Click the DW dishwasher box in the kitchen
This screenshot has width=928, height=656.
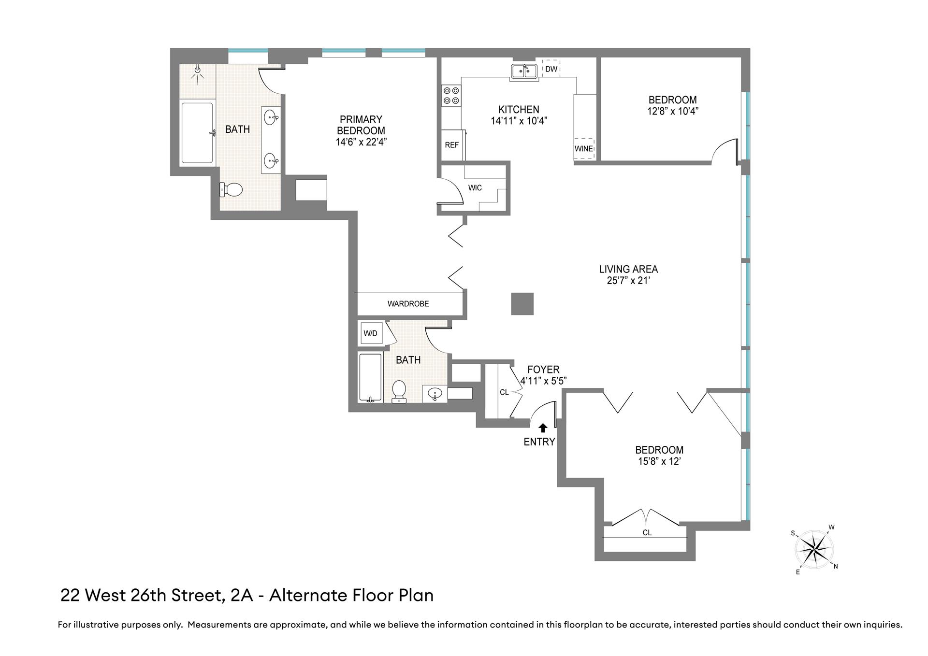pos(551,69)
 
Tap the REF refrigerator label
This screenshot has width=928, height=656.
pos(451,145)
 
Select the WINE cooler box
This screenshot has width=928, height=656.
pos(584,148)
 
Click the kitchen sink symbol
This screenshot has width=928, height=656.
pos(524,71)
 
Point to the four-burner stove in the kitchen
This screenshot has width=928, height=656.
pos(451,95)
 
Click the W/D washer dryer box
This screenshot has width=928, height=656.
pos(370,333)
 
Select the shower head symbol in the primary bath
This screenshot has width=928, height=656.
pos(197,71)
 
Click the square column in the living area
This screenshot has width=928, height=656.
pos(522,304)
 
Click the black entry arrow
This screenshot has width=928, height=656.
pos(543,428)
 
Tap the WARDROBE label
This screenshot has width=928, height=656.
pos(408,304)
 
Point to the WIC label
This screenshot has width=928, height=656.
pos(475,188)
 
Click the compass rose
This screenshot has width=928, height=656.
pos(815,549)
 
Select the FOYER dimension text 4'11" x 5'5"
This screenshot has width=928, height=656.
pos(543,381)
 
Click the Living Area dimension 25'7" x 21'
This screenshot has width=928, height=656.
pos(628,281)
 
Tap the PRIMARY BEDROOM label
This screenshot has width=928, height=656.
pos(361,125)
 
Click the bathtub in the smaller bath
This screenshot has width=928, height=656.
pos(370,377)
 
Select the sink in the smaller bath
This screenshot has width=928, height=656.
pos(435,394)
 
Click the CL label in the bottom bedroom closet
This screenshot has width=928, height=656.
pos(647,533)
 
